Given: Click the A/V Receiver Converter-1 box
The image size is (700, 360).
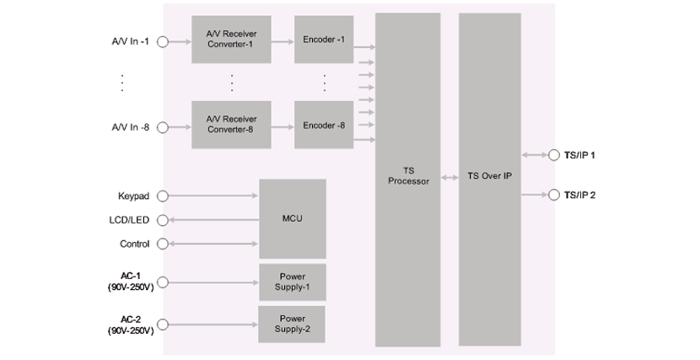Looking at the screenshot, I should (x=230, y=39).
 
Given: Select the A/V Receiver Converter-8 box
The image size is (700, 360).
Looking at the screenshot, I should (x=230, y=125).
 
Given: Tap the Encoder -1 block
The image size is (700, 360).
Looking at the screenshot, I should (x=323, y=39).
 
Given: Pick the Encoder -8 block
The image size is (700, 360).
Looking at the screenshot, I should (x=323, y=125).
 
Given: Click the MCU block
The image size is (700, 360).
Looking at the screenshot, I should (x=292, y=218).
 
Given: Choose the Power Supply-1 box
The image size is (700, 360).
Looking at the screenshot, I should (x=292, y=281).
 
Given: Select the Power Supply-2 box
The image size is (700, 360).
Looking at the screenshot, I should (x=292, y=324).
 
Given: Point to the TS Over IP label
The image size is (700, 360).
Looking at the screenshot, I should (x=490, y=177).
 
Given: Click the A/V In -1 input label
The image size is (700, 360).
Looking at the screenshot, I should (x=130, y=40).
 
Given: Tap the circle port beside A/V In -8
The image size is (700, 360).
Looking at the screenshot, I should (x=163, y=126).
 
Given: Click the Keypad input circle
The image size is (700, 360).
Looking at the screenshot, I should (x=163, y=196).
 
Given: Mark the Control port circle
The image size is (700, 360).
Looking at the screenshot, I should (x=163, y=244).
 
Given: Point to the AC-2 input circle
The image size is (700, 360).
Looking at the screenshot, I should (x=163, y=325).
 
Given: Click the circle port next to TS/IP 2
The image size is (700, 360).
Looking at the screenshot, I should (x=554, y=196).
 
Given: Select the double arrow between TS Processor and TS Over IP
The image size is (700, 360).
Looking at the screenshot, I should (x=450, y=178).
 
